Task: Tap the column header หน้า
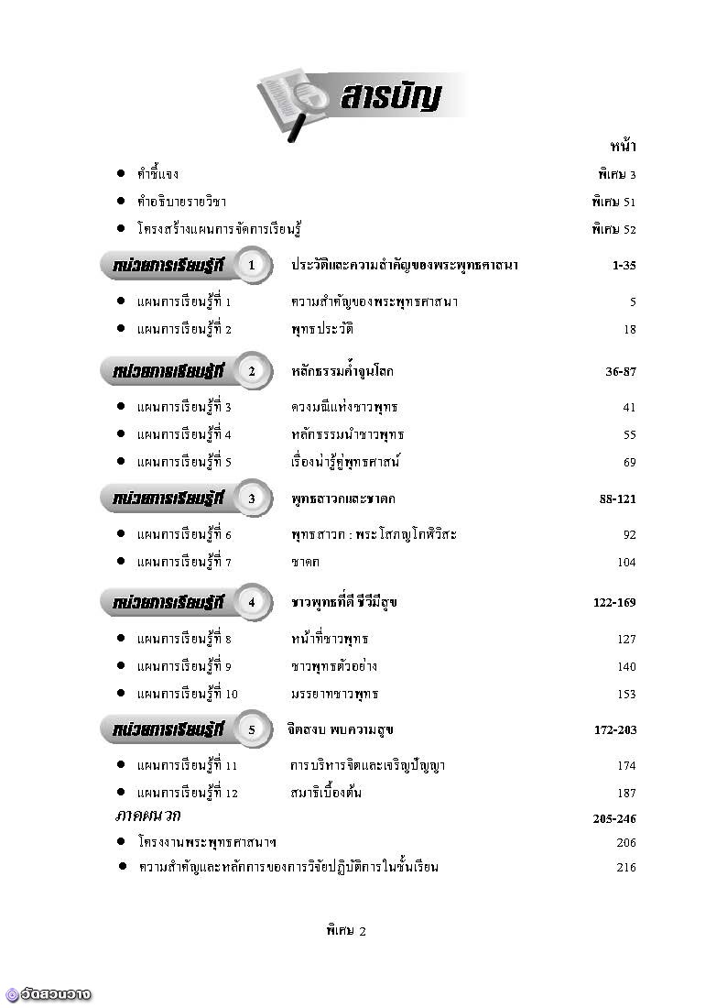(623, 146)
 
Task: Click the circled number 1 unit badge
(255, 265)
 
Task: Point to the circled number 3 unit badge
(255, 499)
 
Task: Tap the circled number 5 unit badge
(255, 729)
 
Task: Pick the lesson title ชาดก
(305, 562)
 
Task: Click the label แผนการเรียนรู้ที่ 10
(187, 694)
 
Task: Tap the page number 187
(626, 793)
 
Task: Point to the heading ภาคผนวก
(147, 815)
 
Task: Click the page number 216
(626, 867)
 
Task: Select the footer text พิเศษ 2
(345, 931)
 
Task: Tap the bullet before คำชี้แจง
(121, 173)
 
